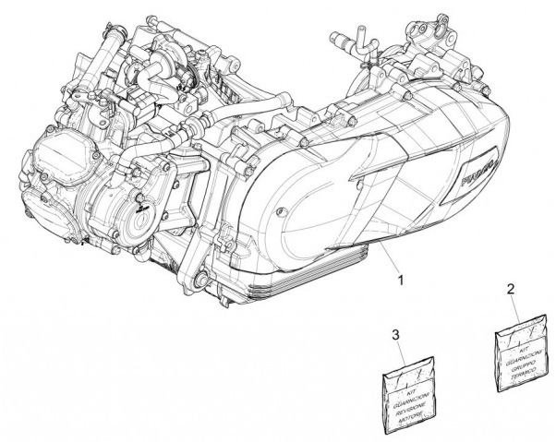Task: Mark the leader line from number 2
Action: (512, 306)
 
